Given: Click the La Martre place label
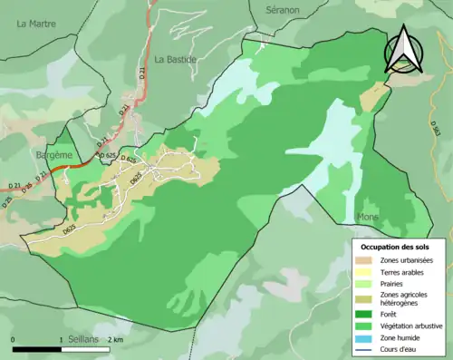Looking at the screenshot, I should pyautogui.click(x=36, y=24).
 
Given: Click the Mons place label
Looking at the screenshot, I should pyautogui.click(x=368, y=218).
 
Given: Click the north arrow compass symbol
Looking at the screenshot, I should pyautogui.click(x=403, y=51).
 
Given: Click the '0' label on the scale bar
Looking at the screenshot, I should pyautogui.click(x=14, y=339).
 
